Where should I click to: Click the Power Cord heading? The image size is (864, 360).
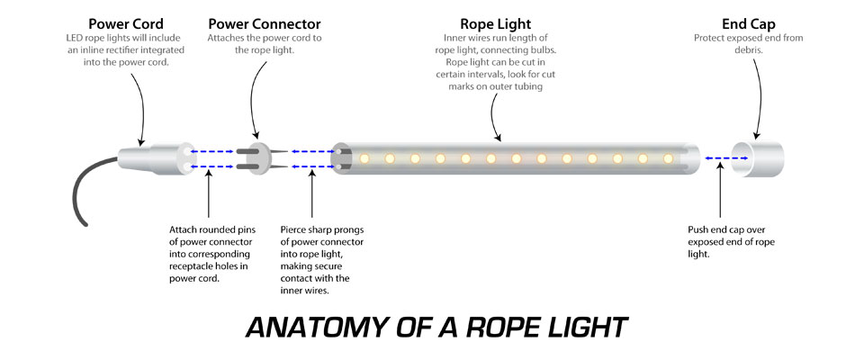click(126, 22)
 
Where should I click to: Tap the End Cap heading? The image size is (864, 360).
click(748, 22)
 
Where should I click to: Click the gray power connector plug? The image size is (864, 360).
click(254, 158)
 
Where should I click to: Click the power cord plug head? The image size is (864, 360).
click(167, 158)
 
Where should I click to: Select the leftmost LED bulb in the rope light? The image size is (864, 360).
click(365, 159)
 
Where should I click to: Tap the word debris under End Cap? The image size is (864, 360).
click(748, 51)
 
